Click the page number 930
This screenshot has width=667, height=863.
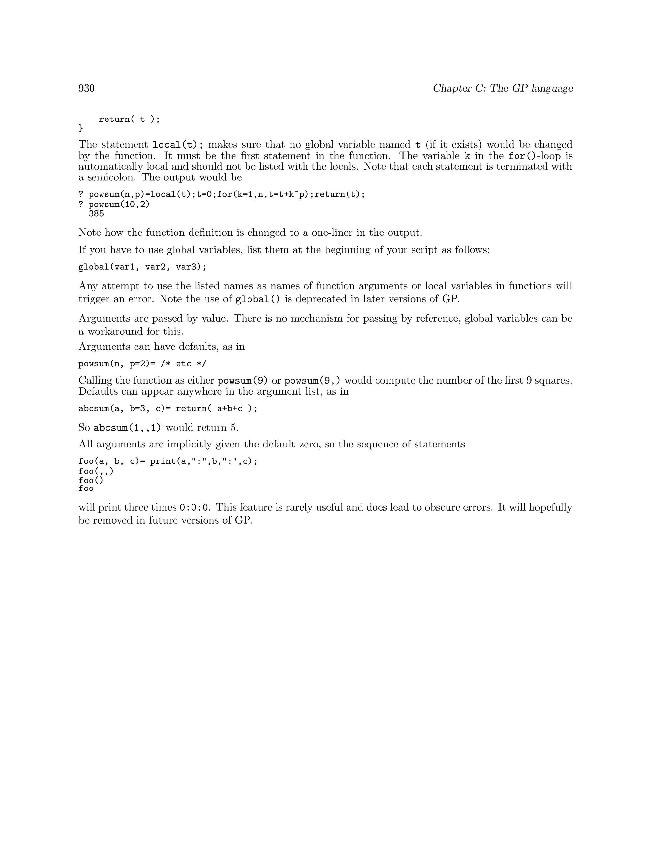tap(87, 88)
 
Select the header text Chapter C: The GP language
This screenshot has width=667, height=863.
tap(503, 88)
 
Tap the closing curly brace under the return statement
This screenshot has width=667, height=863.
tap(81, 128)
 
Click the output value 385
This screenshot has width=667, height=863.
tap(96, 214)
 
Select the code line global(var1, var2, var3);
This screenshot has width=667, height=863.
tap(142, 267)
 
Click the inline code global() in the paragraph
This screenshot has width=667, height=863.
tap(258, 299)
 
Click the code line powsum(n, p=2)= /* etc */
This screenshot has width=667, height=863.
tap(142, 363)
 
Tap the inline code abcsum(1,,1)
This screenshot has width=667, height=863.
tap(127, 428)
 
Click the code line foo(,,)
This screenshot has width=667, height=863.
tap(96, 471)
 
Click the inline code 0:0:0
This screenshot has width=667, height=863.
tap(194, 508)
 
